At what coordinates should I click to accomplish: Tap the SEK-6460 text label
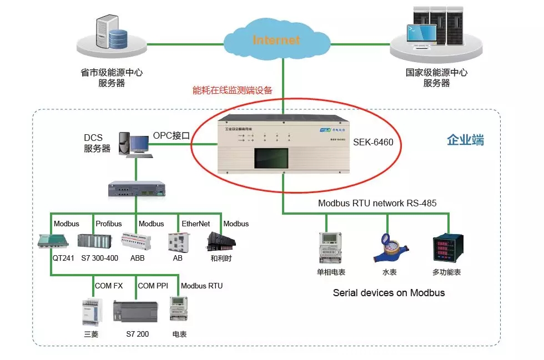click(373, 143)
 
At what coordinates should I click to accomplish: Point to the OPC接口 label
click(172, 135)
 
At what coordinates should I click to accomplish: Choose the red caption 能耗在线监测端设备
click(232, 90)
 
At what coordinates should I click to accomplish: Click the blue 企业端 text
click(465, 140)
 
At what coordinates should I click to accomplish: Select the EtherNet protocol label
click(196, 224)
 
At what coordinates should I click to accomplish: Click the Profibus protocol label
click(109, 224)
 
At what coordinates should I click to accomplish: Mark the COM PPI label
click(153, 286)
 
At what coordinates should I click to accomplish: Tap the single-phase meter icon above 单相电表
click(329, 247)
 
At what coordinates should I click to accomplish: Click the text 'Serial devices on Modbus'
click(389, 292)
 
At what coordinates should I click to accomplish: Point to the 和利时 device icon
click(221, 241)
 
